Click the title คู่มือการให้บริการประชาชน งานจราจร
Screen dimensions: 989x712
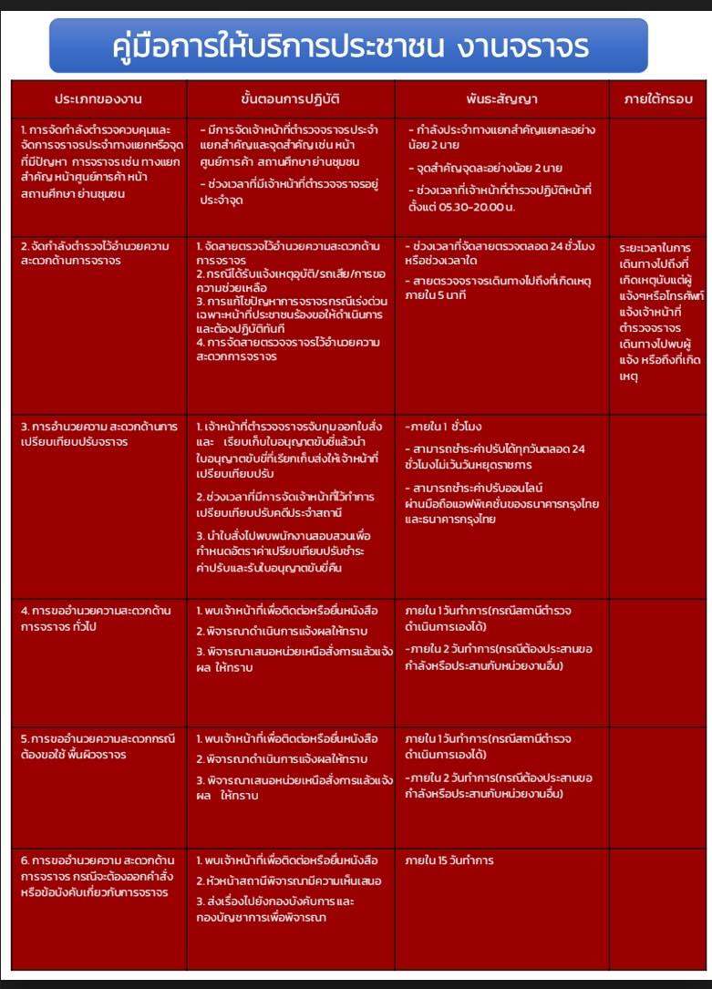(349, 46)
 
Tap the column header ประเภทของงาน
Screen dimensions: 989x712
(98, 98)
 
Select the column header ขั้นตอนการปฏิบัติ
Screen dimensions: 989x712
(290, 98)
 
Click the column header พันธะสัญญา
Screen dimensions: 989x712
(501, 98)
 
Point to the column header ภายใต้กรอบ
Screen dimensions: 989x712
(658, 98)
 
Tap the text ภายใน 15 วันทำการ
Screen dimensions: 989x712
(449, 860)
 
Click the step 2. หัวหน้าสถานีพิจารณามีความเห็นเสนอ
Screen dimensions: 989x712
(289, 881)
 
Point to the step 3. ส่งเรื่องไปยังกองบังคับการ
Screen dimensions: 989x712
(276, 909)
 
